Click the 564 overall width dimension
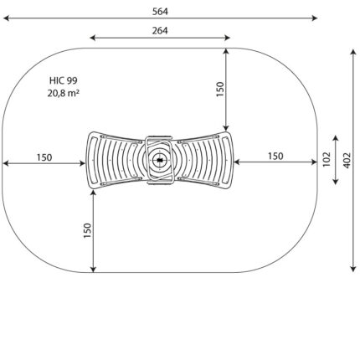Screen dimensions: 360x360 pos(160,12)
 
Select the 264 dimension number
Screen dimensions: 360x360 pos(160,31)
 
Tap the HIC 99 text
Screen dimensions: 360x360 pos(64,80)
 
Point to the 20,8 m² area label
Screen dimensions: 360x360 pos(63,93)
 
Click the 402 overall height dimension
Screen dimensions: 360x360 pos(347,160)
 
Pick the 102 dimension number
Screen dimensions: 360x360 pos(327,160)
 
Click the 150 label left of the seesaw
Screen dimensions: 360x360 pos(44,157)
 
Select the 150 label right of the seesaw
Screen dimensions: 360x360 pos(275,157)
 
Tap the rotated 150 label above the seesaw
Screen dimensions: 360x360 pos(220,90)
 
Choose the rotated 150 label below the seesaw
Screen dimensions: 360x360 pos(88,230)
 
